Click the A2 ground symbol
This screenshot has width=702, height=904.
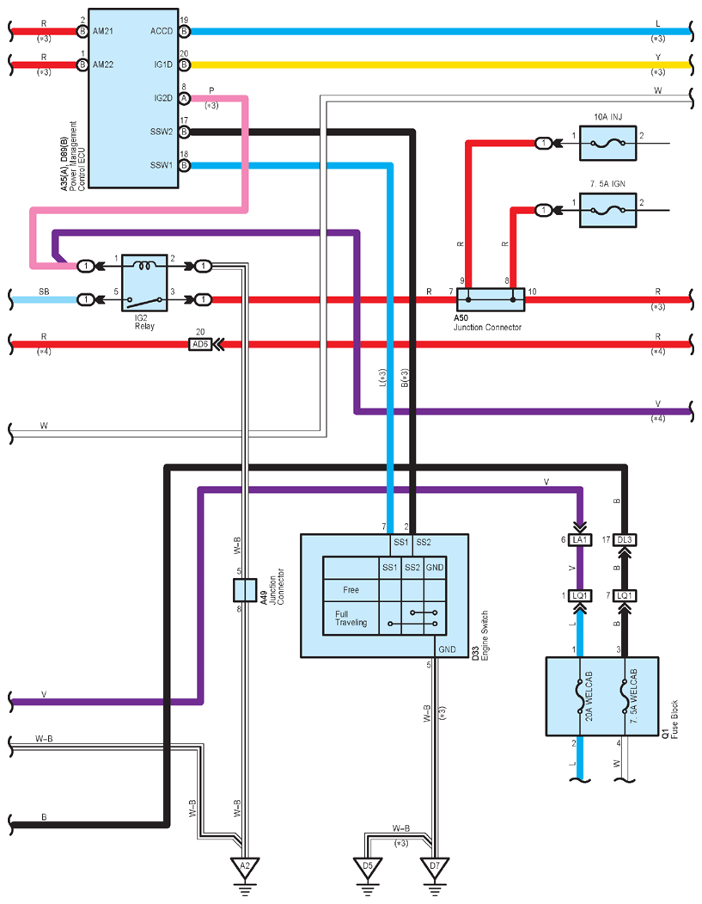[245, 868]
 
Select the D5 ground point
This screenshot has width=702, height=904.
[368, 868]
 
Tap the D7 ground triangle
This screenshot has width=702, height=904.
[435, 868]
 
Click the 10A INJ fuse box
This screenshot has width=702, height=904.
[607, 143]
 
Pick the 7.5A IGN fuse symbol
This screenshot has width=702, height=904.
[607, 210]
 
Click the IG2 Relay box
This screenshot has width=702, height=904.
[144, 282]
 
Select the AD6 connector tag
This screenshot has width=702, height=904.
[200, 344]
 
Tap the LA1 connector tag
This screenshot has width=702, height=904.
[579, 539]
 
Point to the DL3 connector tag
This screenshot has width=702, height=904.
[625, 539]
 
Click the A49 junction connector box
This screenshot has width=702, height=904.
[245, 590]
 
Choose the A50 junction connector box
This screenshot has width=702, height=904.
[491, 299]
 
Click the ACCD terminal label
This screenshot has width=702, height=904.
[162, 31]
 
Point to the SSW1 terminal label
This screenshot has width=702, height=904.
[162, 165]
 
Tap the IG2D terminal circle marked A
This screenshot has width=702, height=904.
[184, 99]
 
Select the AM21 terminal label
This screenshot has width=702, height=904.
[103, 31]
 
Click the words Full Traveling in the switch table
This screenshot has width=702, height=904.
[351, 618]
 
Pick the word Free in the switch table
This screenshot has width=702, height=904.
[351, 590]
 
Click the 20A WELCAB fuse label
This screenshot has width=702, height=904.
[589, 696]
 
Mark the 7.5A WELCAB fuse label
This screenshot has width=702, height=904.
[634, 696]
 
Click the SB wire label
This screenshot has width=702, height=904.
[44, 292]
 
